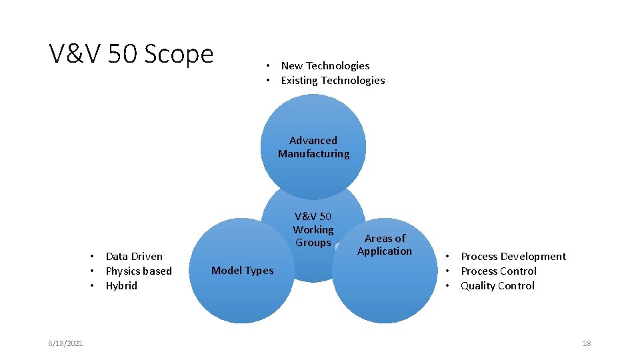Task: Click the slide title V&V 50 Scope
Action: [131, 54]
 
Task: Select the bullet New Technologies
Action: [325, 65]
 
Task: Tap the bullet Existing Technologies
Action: [333, 80]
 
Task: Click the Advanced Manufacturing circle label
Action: [313, 147]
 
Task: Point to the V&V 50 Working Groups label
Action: [313, 229]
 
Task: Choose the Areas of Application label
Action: [385, 245]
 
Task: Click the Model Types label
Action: [242, 270]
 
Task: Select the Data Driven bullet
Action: [134, 256]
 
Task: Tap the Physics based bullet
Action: [139, 271]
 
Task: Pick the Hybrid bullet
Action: [121, 285]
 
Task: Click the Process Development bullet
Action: [513, 256]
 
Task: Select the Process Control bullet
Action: [499, 271]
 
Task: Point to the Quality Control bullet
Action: [497, 285]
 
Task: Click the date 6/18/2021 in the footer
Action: [65, 343]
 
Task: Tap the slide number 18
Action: [587, 343]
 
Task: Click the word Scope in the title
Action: [178, 54]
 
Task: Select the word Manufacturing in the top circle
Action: [313, 154]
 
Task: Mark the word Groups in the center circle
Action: [313, 243]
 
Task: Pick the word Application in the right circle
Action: [385, 251]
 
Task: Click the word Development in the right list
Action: [533, 256]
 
